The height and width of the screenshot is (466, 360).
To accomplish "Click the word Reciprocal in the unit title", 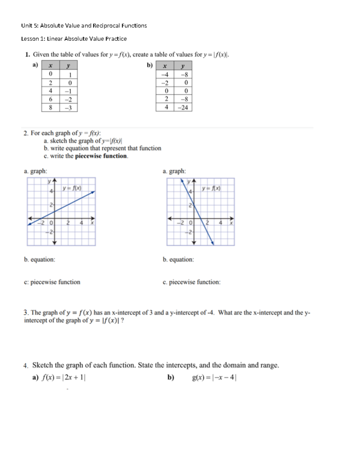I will (106, 26).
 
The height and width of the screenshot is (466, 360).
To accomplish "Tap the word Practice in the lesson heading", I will (116, 39).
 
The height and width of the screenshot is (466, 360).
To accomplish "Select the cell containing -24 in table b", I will (183, 107).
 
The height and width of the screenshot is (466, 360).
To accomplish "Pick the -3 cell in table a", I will (68, 108).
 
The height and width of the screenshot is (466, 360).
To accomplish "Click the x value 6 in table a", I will (50, 99).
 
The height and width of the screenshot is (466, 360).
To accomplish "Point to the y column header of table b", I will (183, 65).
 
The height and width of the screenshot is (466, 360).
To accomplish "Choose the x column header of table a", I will (50, 65).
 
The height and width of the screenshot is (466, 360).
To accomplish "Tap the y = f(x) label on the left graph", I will (72, 188).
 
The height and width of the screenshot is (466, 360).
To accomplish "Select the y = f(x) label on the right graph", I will (211, 188).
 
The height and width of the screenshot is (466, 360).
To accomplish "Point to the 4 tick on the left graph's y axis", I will (51, 191).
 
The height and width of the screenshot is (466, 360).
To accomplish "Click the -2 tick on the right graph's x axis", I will (180, 223).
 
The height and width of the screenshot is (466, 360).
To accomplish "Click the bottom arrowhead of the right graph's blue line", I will (212, 243).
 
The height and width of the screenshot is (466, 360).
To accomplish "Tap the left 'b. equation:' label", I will (40, 260).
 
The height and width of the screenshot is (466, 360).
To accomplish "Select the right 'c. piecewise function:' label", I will (191, 282).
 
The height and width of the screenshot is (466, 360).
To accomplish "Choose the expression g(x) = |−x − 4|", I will (214, 378).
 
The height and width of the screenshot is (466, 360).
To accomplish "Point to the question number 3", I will (26, 313).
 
